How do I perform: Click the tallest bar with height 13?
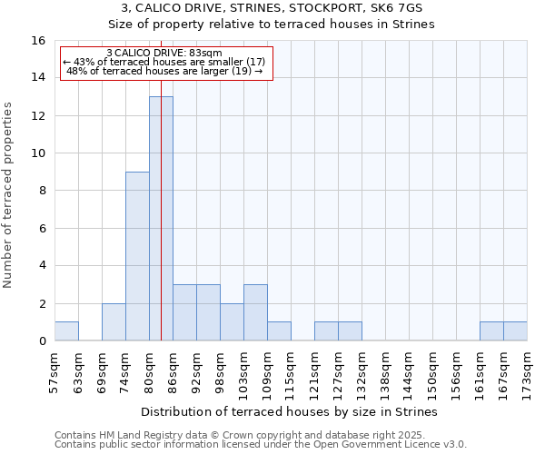point(161,218)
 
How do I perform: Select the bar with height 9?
point(137,256)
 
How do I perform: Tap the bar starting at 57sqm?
point(66,331)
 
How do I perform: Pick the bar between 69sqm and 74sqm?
point(114,322)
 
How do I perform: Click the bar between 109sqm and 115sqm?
point(279,331)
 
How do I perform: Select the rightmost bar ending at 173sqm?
point(515,331)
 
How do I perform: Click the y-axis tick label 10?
point(39,153)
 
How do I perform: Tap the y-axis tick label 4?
point(42,266)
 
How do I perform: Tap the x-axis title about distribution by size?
point(290,411)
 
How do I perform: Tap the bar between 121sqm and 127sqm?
point(326,331)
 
